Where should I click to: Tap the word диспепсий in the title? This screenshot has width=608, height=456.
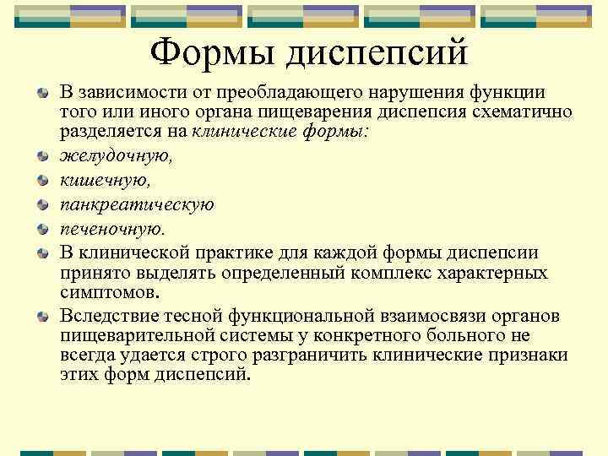tap(377, 56)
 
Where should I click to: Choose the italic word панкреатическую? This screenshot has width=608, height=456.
tap(137, 204)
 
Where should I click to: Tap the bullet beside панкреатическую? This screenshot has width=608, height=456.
tap(42, 205)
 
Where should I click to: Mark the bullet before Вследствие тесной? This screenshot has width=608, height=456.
tap(42, 316)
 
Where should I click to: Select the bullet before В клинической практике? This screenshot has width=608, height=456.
tap(42, 253)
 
